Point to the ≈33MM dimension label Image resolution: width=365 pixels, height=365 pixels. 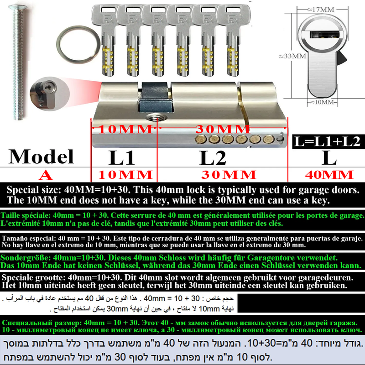click(292, 56)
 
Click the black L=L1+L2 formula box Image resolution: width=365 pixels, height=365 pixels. click(328, 141)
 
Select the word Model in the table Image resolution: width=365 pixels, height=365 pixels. click(41, 156)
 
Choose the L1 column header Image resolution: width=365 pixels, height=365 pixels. click(121, 157)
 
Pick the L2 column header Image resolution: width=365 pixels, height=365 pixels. click(213, 157)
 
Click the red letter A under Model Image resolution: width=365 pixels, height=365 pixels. click(46, 175)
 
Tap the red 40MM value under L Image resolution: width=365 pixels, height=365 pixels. click(329, 175)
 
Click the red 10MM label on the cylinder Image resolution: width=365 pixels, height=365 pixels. click(125, 129)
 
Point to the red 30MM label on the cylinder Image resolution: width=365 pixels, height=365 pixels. click(223, 129)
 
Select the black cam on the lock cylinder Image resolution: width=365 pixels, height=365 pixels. click(155, 98)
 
